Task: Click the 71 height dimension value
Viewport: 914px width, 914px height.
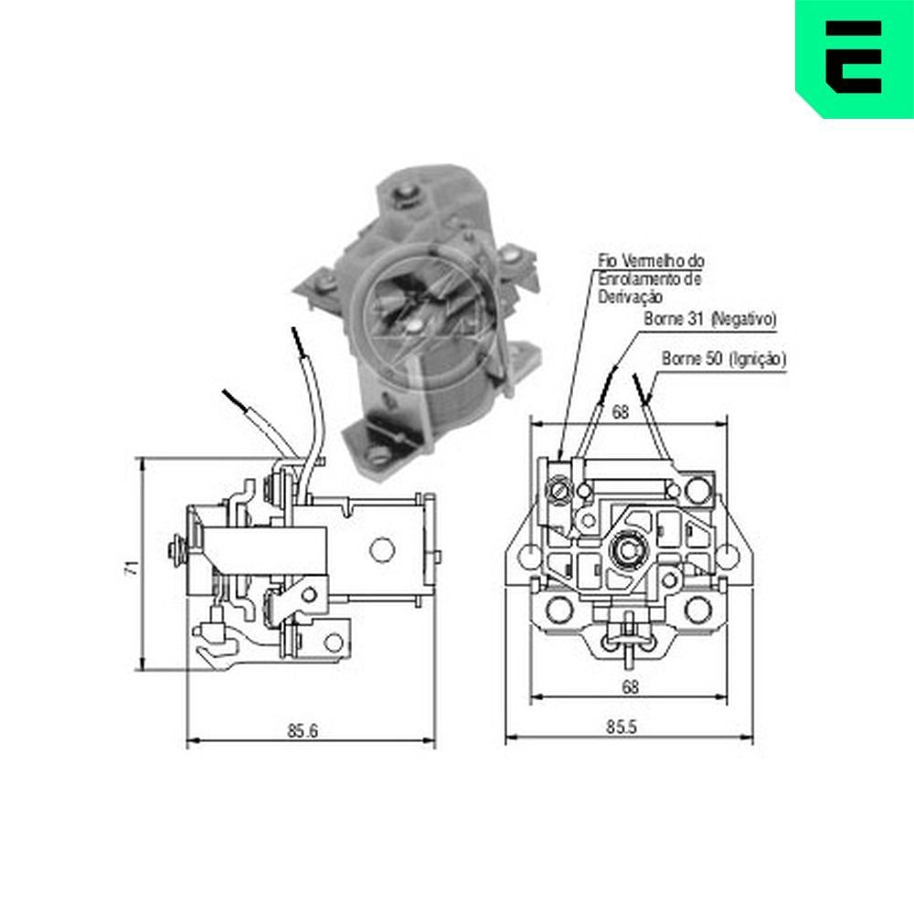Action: click(131, 566)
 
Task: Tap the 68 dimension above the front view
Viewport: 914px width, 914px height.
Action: click(621, 412)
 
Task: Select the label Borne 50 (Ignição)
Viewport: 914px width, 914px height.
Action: click(723, 359)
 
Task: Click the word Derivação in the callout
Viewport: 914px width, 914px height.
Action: click(632, 298)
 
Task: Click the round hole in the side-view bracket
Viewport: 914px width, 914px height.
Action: click(379, 548)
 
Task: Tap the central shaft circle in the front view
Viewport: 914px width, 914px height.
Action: click(628, 549)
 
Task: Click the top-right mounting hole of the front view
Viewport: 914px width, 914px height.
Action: click(696, 492)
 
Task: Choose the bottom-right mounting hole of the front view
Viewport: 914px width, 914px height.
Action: click(699, 608)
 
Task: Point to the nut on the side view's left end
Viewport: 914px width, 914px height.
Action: click(174, 550)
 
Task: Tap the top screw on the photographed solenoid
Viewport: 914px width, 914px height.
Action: click(403, 194)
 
